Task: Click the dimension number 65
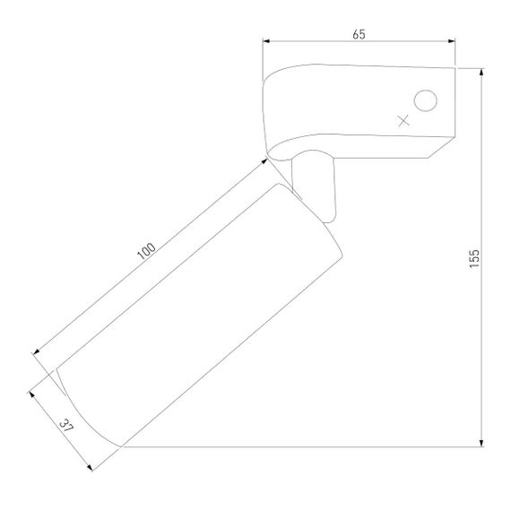pos(359,34)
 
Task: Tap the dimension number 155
pos(474,258)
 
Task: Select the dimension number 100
pos(146,251)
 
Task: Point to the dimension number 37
pos(66,426)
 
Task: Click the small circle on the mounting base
pos(425,100)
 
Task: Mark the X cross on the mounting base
pos(403,121)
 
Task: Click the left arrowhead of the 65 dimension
pos(266,41)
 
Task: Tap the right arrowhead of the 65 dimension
pos(451,41)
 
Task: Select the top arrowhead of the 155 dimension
pos(481,73)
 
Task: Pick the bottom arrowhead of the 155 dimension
pos(481,443)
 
